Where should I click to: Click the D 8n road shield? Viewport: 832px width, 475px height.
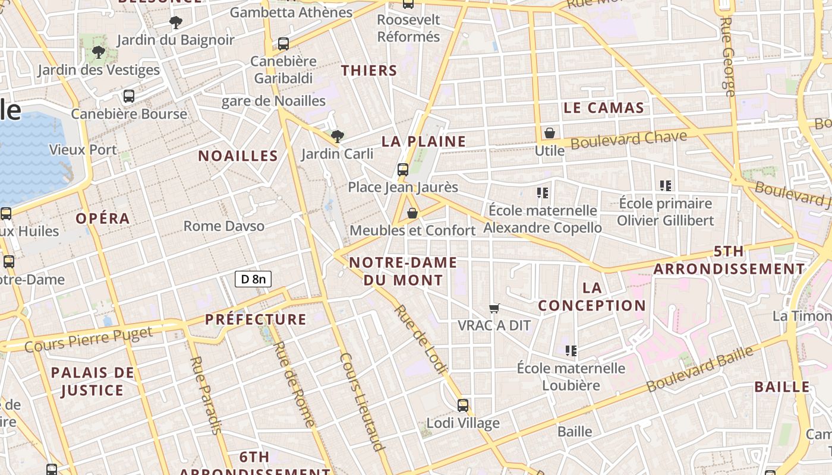tap(253, 279)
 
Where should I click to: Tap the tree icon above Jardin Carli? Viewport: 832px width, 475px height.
tap(337, 137)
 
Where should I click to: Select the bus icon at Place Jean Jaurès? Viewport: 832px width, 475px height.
tap(403, 170)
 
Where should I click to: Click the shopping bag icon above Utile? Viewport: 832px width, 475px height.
tap(550, 133)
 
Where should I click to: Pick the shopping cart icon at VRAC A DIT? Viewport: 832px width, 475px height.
tap(494, 308)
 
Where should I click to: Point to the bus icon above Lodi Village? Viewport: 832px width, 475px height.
tap(463, 406)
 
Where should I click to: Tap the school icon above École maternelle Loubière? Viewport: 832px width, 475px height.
tap(571, 350)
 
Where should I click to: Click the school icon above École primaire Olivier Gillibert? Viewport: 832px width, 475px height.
tap(666, 186)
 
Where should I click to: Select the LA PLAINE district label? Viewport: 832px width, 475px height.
tap(424, 141)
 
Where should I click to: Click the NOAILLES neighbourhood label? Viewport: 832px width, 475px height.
tap(238, 156)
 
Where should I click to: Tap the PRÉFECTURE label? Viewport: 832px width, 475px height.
tap(256, 319)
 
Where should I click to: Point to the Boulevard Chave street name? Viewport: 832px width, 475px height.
tap(629, 140)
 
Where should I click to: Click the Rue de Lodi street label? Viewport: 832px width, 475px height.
tap(420, 340)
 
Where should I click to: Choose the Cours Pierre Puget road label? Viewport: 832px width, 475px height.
tap(89, 339)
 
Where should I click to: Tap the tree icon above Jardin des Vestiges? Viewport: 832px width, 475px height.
tap(99, 52)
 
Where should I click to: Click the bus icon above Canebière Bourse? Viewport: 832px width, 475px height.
tap(129, 96)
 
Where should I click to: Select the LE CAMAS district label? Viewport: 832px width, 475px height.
tap(603, 107)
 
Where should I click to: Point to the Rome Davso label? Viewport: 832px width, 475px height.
tap(224, 226)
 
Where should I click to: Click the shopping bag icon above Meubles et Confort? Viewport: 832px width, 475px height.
tap(412, 213)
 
